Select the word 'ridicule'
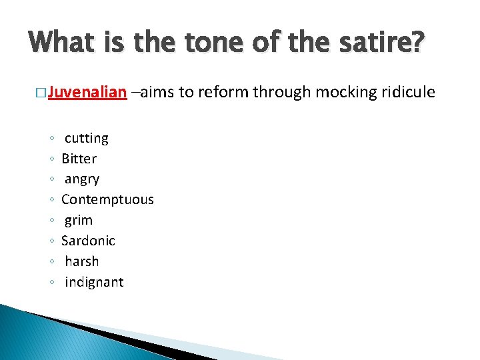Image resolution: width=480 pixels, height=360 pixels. coord(407,92)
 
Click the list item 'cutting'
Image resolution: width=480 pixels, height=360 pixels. coord(86,138)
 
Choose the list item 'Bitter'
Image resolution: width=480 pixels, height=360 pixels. coord(79,159)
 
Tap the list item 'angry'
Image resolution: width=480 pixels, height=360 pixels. coord(82,179)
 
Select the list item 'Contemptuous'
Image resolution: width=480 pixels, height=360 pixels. coord(107,199)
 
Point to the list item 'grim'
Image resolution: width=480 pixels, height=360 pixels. coord(79,220)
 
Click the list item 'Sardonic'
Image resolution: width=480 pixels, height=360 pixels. coord(88,241)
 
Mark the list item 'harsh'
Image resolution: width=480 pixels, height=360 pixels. coord(82,261)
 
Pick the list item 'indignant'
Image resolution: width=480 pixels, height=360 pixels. coord(94,282)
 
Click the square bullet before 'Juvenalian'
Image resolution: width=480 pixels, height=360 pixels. coord(42,93)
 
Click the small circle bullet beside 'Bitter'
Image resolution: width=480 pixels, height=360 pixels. coord(52,159)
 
